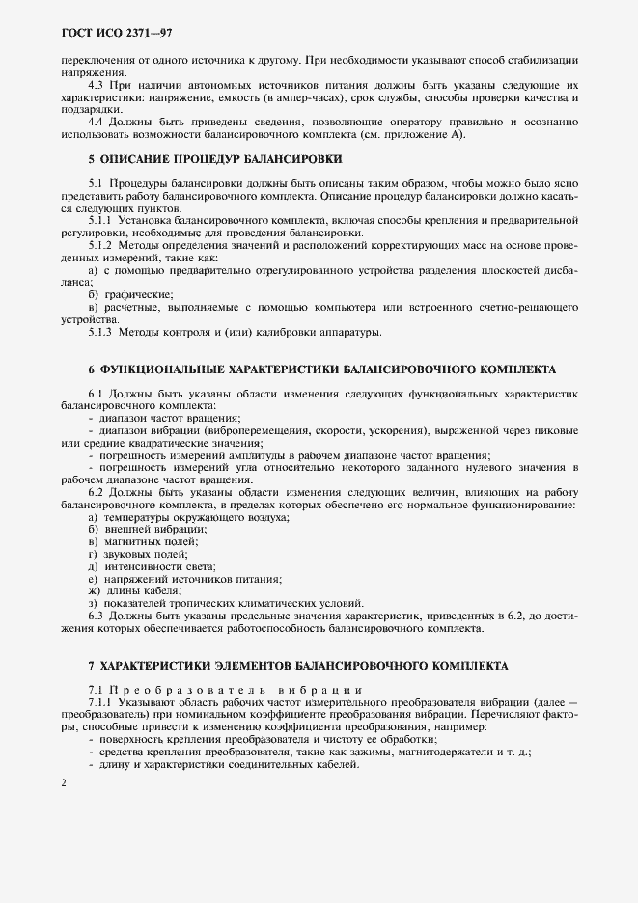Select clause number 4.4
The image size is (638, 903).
pyautogui.click(x=97, y=122)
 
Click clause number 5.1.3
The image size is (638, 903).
pyautogui.click(x=100, y=333)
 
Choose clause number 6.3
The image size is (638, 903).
pyautogui.click(x=97, y=614)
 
